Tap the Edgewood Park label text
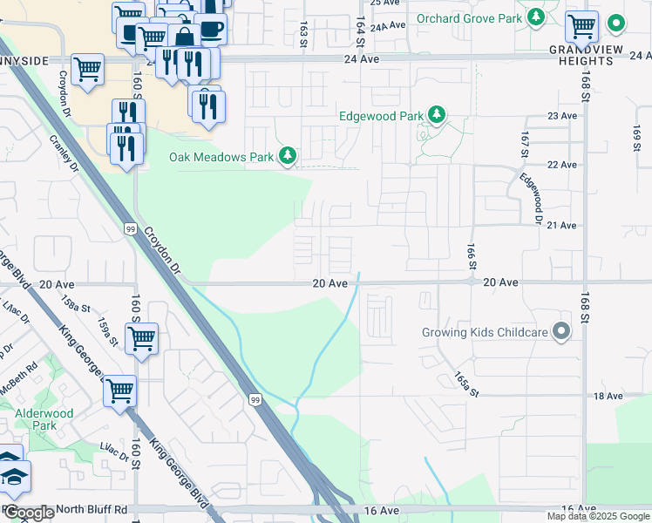(x=380, y=116)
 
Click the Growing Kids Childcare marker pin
(x=562, y=332)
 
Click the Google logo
(x=29, y=512)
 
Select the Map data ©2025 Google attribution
(x=598, y=516)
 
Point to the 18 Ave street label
(x=608, y=396)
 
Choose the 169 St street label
(x=637, y=138)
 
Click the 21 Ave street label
(x=561, y=225)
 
